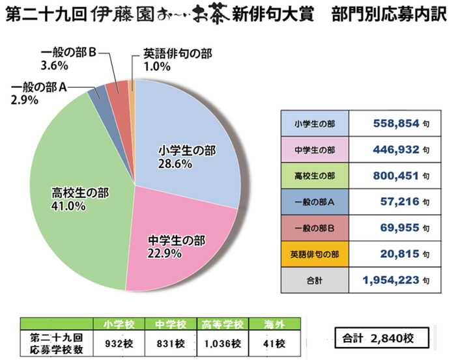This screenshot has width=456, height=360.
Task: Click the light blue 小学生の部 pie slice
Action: coord(189,143)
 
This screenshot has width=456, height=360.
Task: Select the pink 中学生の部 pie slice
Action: coord(176,241)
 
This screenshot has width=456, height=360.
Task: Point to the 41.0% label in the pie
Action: coord(64,206)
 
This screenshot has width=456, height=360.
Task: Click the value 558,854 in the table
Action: coord(393,122)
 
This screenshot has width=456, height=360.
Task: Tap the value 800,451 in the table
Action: coord(393,175)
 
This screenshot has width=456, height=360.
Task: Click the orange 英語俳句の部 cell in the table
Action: coord(315,255)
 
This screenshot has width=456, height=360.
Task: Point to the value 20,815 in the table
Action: coord(398,255)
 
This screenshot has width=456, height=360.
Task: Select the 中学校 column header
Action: coord(171,324)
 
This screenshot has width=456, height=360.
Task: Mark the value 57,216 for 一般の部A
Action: coord(398,202)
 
